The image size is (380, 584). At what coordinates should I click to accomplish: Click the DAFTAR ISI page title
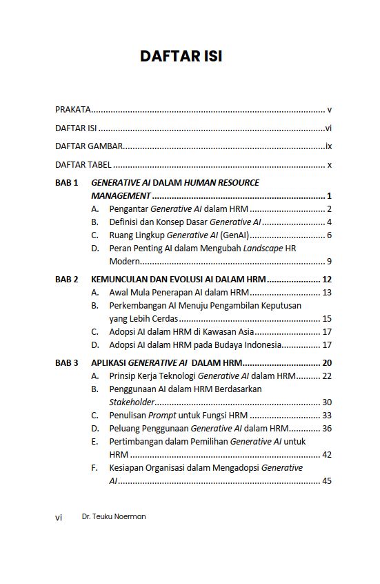coord(181,57)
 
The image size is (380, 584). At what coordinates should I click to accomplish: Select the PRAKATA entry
coord(72,110)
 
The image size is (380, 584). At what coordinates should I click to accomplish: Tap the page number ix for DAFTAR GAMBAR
coord(329,146)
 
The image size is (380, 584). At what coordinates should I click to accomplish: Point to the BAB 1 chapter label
coord(67,183)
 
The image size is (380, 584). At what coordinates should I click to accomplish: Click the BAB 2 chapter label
coord(67,280)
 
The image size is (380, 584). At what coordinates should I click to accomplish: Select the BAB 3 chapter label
coord(67,362)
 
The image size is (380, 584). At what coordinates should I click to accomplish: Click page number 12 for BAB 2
coord(327,280)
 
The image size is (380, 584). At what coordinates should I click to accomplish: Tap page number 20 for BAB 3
coord(327,362)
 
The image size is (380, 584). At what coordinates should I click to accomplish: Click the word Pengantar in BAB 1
coord(128,209)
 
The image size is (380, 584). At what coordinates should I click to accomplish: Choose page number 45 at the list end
coord(327,480)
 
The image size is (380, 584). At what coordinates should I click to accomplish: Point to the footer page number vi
coord(59,517)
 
